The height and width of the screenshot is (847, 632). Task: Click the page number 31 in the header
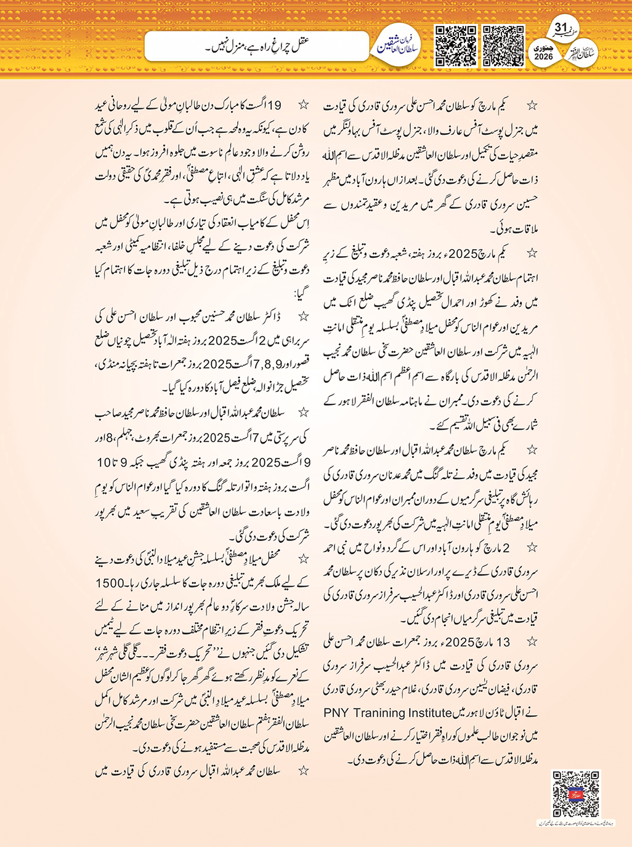point(561,28)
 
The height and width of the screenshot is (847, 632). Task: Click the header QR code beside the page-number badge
point(503,46)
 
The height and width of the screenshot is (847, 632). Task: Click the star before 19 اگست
point(303,105)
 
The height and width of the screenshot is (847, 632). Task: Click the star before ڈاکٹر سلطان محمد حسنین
point(303,316)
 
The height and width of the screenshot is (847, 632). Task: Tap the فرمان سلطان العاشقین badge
point(399,44)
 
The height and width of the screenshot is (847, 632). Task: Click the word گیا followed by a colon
point(302,293)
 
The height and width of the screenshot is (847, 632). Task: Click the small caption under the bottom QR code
point(575,823)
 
